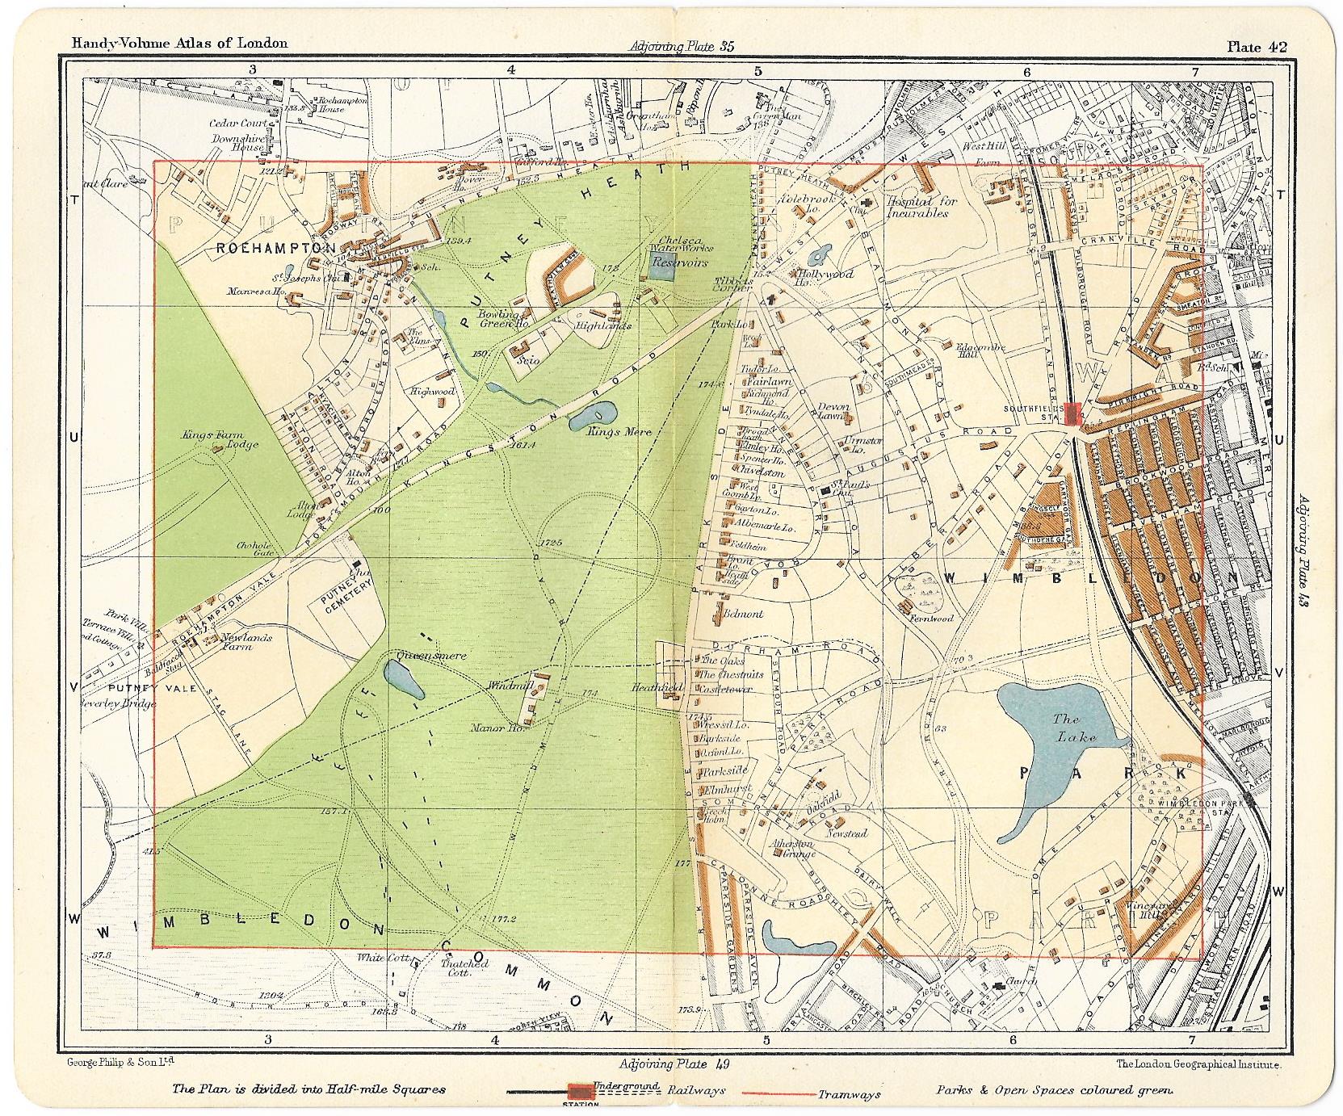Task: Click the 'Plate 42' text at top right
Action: (x=1257, y=46)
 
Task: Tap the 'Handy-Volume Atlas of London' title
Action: (x=178, y=44)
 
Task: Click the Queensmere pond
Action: (x=403, y=679)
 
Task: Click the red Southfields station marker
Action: (x=1072, y=413)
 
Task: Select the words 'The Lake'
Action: (x=1072, y=728)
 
